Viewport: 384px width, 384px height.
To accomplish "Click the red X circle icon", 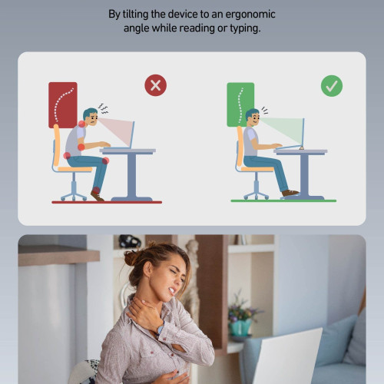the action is point(155,85).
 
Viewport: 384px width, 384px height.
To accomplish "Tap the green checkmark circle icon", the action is point(332,86).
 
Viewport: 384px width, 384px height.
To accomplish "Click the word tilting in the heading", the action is point(135,14).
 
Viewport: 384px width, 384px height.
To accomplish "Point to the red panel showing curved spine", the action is point(63,105).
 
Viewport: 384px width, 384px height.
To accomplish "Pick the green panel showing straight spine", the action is point(240,104).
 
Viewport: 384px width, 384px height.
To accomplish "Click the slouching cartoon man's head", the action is point(91,117).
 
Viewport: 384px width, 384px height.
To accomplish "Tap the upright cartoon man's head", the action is point(253,118).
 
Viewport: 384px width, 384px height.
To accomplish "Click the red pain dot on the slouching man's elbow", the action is point(81,147).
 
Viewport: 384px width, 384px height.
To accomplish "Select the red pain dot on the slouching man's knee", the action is point(105,161).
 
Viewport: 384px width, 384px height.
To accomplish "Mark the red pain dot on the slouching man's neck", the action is point(81,124).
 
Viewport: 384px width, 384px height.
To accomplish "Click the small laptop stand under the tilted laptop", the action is point(302,147).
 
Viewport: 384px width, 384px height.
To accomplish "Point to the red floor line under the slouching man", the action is point(107,202).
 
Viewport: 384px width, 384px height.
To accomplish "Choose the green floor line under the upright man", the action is point(283,201).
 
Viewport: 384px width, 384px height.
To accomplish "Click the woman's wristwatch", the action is point(160,329).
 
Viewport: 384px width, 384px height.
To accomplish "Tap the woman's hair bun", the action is point(132,257).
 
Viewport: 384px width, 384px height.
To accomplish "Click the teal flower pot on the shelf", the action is point(240,328).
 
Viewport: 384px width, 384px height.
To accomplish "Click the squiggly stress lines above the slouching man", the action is point(104,109).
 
